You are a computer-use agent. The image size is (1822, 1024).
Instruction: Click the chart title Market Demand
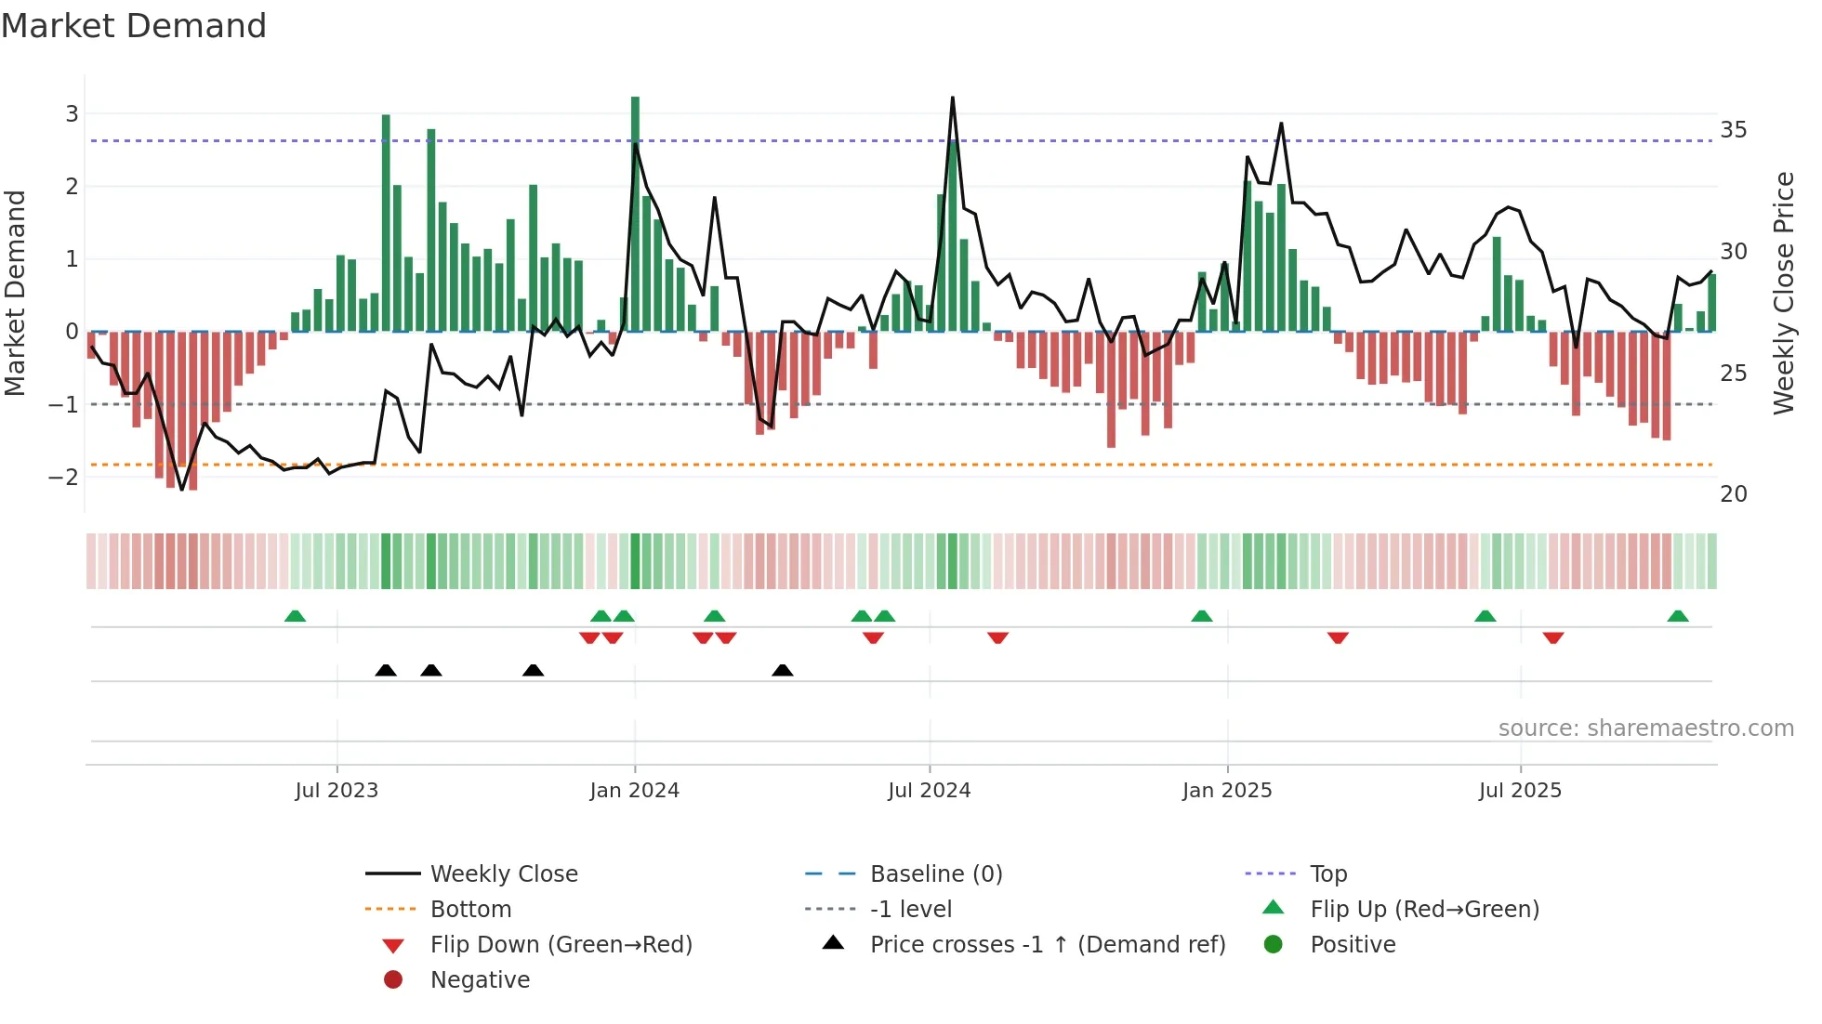pyautogui.click(x=134, y=26)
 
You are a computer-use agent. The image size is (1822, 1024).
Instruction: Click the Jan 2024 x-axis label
pyautogui.click(x=634, y=791)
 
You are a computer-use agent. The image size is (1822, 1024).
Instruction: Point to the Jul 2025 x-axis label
pyautogui.click(x=1520, y=791)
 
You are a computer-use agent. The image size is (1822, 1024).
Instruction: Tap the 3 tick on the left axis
pyautogui.click(x=72, y=114)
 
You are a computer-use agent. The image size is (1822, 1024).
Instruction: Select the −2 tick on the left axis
pyautogui.click(x=64, y=478)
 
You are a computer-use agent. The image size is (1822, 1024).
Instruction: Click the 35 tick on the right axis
pyautogui.click(x=1733, y=130)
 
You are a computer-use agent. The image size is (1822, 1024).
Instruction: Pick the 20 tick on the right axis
pyautogui.click(x=1733, y=494)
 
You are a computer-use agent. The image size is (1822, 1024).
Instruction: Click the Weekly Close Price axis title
pyautogui.click(x=1783, y=293)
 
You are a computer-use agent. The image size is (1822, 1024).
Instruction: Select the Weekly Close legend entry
pyautogui.click(x=503, y=874)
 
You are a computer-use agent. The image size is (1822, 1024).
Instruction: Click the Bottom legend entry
pyautogui.click(x=470, y=910)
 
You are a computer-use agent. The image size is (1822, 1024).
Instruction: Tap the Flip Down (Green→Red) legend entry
pyautogui.click(x=561, y=945)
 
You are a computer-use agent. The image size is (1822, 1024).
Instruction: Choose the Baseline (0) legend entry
pyautogui.click(x=935, y=874)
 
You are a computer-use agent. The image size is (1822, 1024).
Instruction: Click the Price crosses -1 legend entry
pyautogui.click(x=1047, y=945)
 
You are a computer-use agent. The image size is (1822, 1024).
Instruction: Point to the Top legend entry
pyautogui.click(x=1327, y=874)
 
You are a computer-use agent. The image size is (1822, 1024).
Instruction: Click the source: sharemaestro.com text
pyautogui.click(x=1645, y=729)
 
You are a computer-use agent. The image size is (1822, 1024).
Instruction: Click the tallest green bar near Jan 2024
pyautogui.click(x=635, y=214)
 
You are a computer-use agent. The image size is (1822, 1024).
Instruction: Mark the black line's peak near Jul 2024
pyautogui.click(x=953, y=98)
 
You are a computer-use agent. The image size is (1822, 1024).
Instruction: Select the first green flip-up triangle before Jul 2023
pyautogui.click(x=295, y=616)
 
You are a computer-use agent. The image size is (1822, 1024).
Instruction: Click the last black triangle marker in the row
pyautogui.click(x=783, y=671)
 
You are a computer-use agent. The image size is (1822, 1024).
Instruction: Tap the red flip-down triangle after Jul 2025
pyautogui.click(x=1553, y=638)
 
